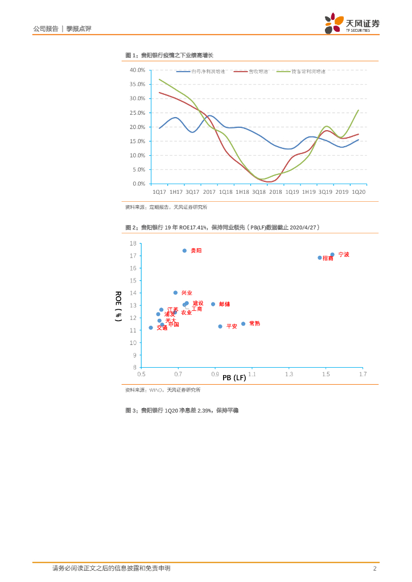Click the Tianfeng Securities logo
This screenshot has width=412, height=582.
(352, 23)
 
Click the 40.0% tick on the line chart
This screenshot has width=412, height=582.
(137, 70)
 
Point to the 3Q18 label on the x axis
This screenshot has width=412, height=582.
(259, 192)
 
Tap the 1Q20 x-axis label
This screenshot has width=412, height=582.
(358, 192)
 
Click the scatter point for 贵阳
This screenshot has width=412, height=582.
(184, 251)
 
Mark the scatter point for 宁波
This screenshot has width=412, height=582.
(332, 255)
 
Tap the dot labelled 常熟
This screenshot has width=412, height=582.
(243, 324)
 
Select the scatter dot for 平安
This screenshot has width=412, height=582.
(220, 326)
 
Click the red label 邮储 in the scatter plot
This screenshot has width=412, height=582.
(224, 304)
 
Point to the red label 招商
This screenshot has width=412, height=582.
(328, 258)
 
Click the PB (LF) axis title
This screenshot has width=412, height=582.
(234, 377)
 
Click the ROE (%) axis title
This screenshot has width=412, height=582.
(118, 306)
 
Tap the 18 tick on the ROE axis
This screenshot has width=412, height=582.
(133, 243)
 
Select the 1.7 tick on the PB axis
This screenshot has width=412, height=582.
(362, 375)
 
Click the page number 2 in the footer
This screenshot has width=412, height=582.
(374, 568)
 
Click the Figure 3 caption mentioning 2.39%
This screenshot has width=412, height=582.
(182, 410)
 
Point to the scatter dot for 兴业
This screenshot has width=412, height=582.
(175, 293)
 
